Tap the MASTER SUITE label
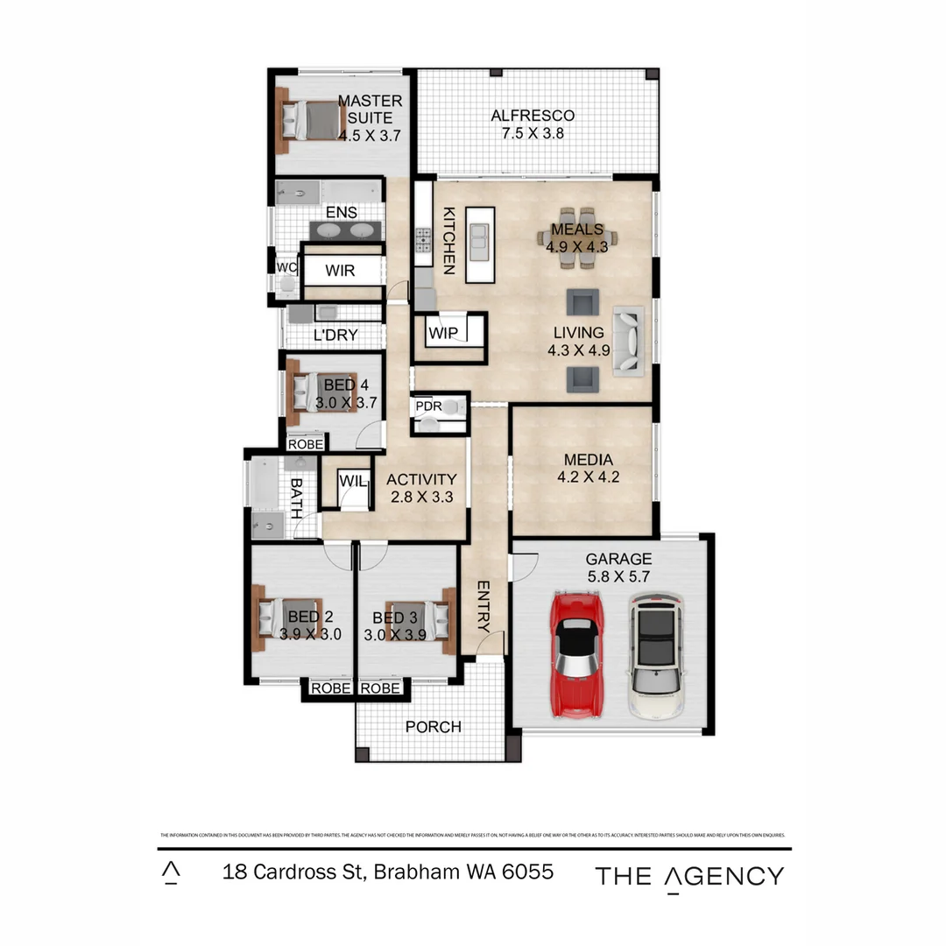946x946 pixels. point(370,109)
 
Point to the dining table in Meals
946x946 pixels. point(577,231)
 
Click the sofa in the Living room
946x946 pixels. point(628,340)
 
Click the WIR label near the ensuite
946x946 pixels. point(340,271)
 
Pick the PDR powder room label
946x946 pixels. point(428,406)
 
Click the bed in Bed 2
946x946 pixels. point(290,618)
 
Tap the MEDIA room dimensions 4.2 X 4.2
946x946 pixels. point(588,477)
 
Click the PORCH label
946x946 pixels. point(433,727)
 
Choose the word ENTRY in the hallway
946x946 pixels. point(484,605)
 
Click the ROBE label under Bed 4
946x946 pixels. point(306,444)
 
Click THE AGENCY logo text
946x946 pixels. point(689,876)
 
